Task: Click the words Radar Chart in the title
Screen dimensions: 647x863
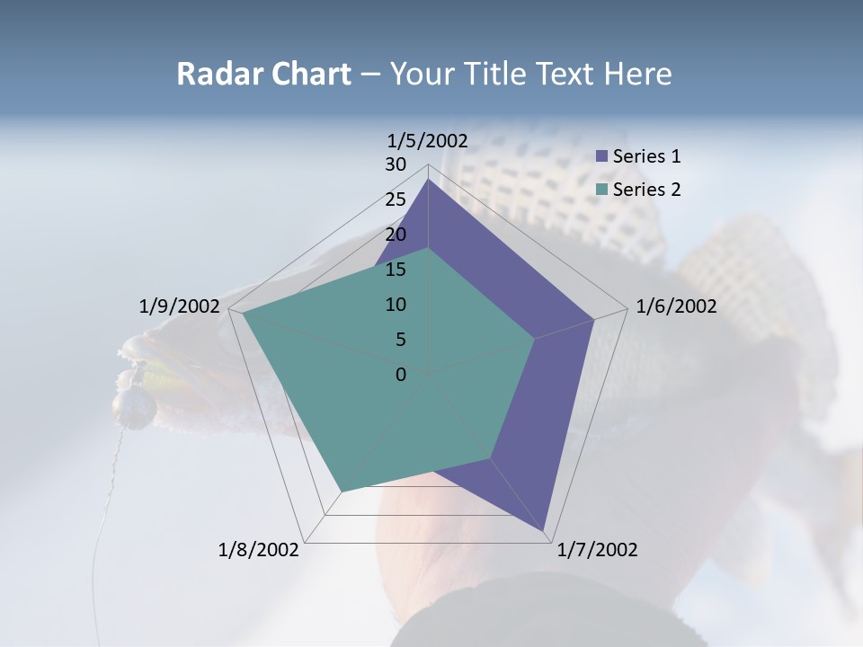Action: [263, 74]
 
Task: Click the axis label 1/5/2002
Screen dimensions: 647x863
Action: [427, 140]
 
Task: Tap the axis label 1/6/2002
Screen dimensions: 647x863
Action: [676, 306]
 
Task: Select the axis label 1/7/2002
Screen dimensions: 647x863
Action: [597, 550]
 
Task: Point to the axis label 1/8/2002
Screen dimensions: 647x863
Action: [259, 550]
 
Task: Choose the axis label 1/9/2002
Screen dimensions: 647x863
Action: [179, 306]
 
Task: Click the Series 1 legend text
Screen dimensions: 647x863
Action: [646, 156]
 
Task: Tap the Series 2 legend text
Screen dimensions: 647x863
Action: [646, 190]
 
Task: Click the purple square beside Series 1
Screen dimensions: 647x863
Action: [601, 156]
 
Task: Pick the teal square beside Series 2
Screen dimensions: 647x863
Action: [601, 190]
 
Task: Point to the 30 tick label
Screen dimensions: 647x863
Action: [396, 164]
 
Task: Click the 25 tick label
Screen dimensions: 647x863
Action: [396, 199]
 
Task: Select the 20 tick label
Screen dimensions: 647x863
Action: [396, 235]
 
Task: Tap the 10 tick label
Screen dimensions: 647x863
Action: [396, 305]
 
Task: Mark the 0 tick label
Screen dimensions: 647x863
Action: [401, 375]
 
